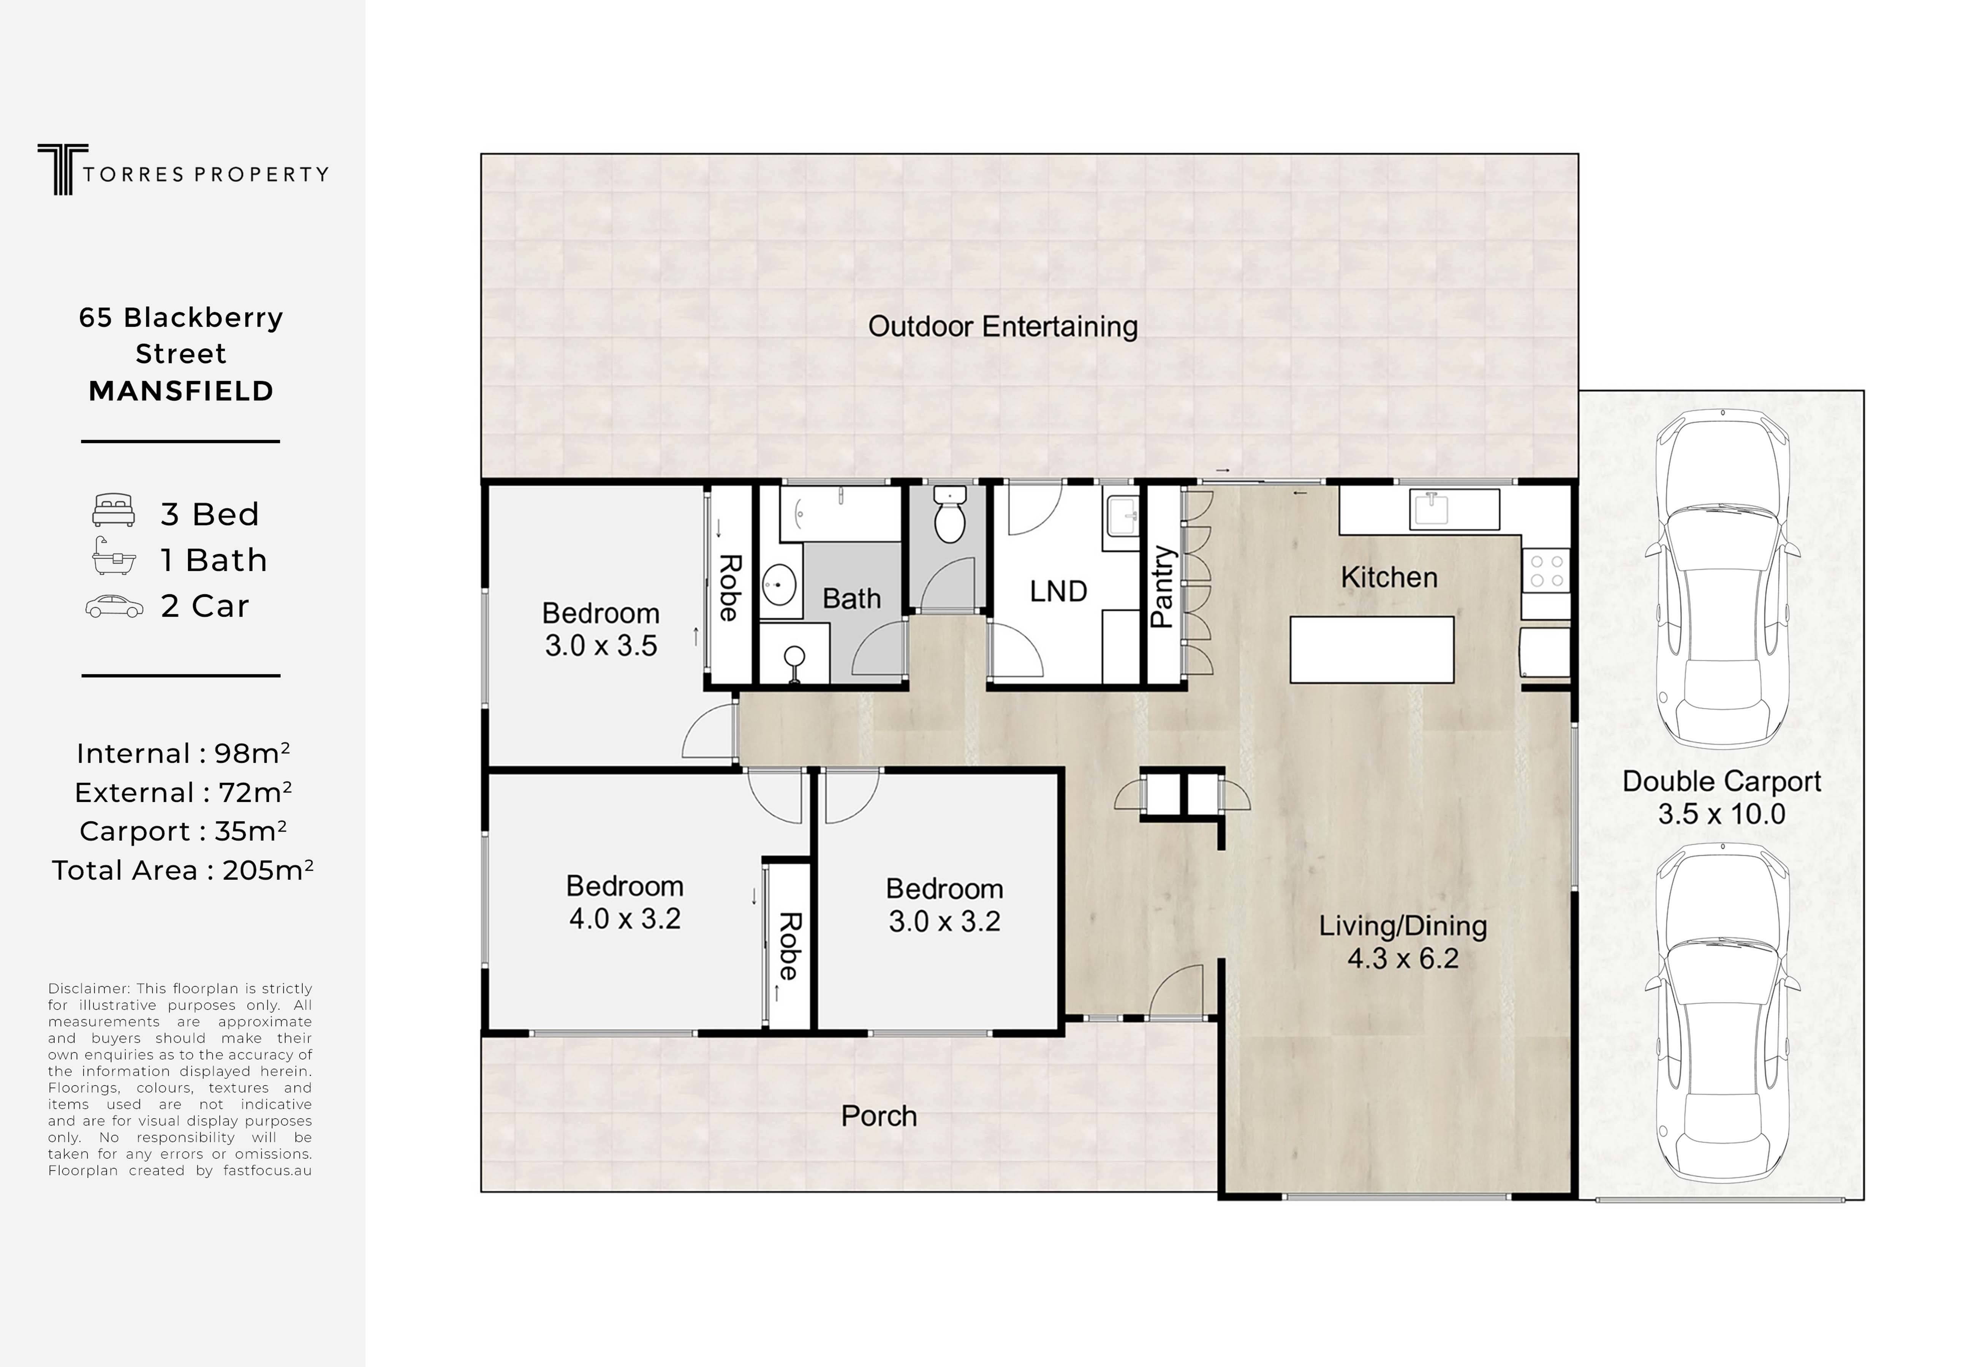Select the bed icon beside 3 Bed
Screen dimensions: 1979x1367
click(x=114, y=510)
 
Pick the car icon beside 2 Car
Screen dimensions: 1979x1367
click(x=114, y=606)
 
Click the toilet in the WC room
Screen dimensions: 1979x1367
click(x=949, y=514)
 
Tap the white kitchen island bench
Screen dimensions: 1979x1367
click(x=1372, y=649)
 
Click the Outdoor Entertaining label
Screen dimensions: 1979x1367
click(x=1002, y=326)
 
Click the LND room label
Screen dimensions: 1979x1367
click(x=1058, y=591)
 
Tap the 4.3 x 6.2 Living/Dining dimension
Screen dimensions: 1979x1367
click(x=1402, y=958)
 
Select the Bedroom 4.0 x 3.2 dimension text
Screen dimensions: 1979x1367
click(x=625, y=918)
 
